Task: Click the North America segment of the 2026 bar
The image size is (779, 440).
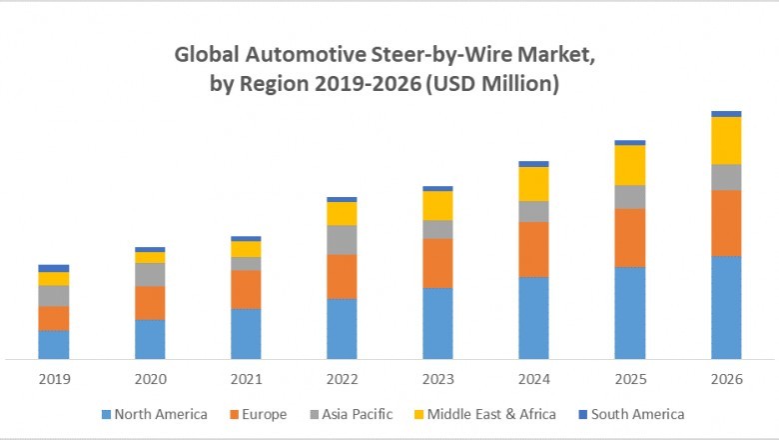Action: pyautogui.click(x=726, y=307)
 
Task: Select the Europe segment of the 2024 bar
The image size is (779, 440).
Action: pyautogui.click(x=533, y=249)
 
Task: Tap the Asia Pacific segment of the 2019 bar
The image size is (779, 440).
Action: pyautogui.click(x=54, y=296)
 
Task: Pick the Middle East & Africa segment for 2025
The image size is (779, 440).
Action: pyautogui.click(x=629, y=165)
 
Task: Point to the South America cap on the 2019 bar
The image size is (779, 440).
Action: pyautogui.click(x=54, y=268)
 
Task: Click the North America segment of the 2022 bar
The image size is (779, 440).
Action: pyautogui.click(x=342, y=328)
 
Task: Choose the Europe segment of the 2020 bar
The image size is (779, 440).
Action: pyautogui.click(x=150, y=303)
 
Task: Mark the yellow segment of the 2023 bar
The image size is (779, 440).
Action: pyautogui.click(x=437, y=205)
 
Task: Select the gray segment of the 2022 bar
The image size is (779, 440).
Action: pyautogui.click(x=342, y=240)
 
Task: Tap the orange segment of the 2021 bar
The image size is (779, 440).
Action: pyautogui.click(x=246, y=289)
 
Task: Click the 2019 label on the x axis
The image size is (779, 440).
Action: pyautogui.click(x=54, y=379)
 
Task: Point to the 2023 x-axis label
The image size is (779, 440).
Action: pyautogui.click(x=437, y=379)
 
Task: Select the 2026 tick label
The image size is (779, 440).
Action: pyautogui.click(x=726, y=379)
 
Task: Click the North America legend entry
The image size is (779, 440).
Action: pyautogui.click(x=154, y=414)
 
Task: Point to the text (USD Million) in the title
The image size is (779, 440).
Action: pyautogui.click(x=492, y=85)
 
